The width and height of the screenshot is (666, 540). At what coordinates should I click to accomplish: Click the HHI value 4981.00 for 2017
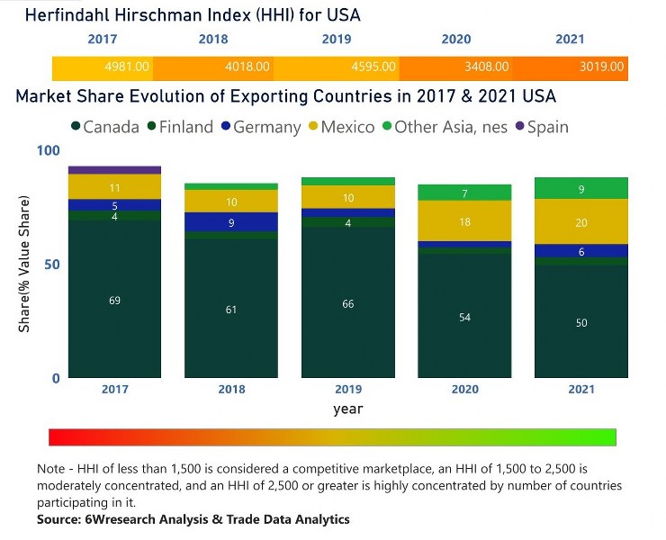point(126,67)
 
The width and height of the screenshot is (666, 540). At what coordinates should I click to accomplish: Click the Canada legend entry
point(104,127)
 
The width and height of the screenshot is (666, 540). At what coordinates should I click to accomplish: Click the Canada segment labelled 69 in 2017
point(114,299)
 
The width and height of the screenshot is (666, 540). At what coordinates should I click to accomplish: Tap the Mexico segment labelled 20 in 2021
point(580,221)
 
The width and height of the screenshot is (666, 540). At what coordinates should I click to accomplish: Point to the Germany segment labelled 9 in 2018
point(231,222)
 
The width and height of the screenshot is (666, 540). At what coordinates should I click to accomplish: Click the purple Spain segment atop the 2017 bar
point(114,169)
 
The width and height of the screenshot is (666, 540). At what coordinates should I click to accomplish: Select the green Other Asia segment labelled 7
point(464,193)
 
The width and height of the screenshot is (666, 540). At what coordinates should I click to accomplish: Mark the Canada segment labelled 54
point(464,316)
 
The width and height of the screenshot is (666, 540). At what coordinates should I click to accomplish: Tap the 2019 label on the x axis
point(348,389)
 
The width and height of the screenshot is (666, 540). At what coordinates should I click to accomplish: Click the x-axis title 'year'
point(347,409)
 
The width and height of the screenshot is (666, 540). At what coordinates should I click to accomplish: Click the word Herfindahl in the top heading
point(64,15)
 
